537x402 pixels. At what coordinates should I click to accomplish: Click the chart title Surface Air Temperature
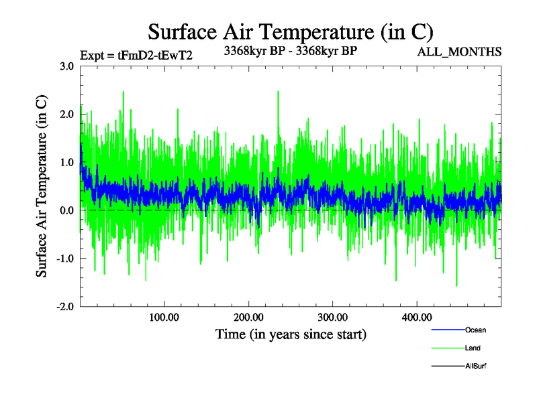[290, 32]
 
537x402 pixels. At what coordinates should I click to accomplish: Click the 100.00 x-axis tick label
[164, 317]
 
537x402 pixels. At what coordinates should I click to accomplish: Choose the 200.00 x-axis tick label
[248, 317]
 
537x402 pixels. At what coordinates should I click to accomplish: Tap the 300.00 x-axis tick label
[332, 317]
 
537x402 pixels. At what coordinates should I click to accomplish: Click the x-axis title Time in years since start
[290, 334]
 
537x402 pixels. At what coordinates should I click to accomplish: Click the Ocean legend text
[475, 330]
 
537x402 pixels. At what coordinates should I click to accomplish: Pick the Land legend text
[473, 348]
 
